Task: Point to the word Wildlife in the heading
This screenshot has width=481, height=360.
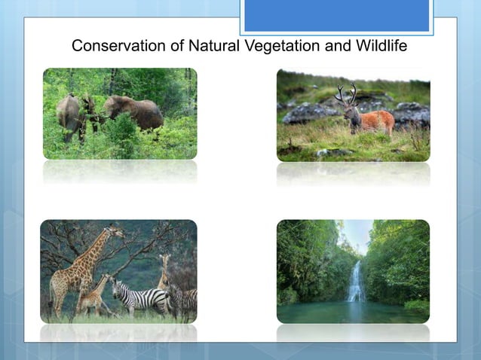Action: (379, 46)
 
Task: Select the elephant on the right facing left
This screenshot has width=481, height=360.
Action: (136, 113)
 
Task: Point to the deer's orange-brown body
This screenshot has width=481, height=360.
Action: (374, 121)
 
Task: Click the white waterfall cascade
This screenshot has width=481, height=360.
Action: (354, 282)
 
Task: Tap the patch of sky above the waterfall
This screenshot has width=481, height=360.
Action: (356, 233)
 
